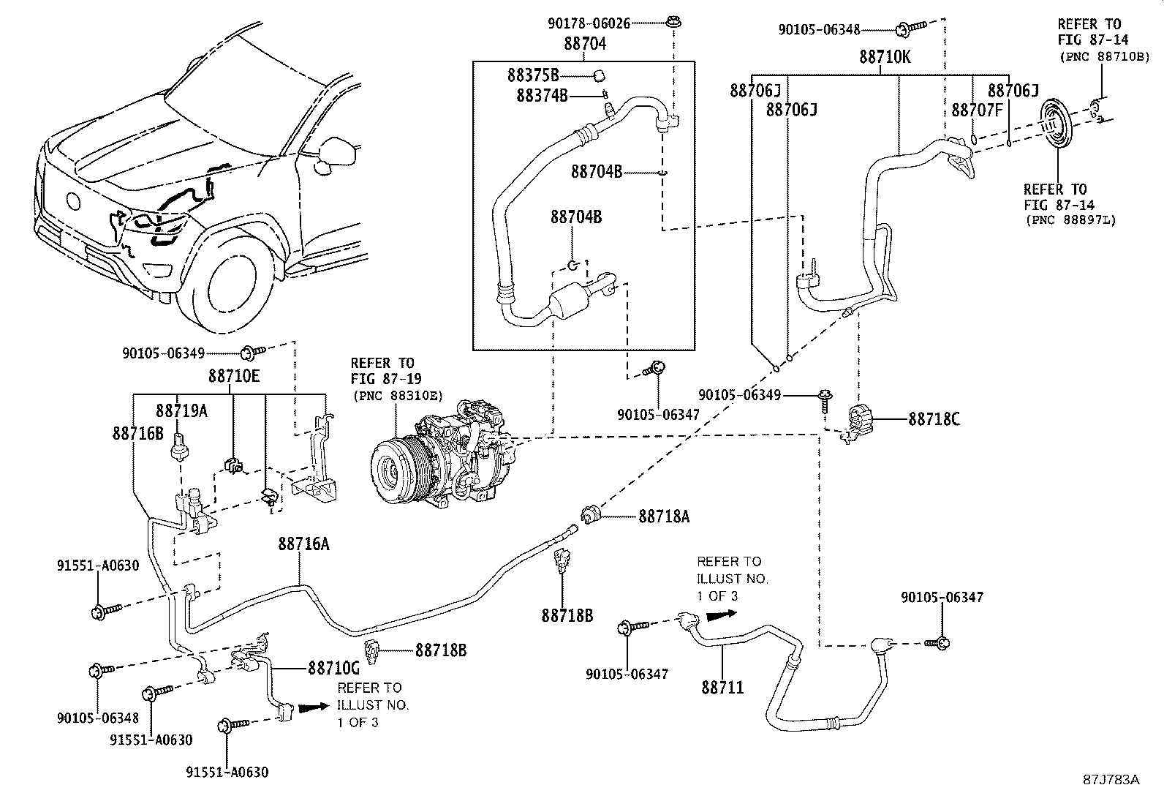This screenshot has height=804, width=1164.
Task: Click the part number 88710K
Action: point(885,56)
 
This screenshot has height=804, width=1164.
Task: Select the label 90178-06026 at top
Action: point(589,23)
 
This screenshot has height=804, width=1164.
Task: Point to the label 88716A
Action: point(303,544)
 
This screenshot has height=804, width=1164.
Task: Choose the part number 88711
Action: point(722,687)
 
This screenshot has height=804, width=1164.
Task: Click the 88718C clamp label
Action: point(934,419)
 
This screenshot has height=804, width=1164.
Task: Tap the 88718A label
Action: point(664,516)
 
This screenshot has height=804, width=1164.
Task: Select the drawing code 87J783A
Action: point(1111,779)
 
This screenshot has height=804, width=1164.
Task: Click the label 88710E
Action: point(234,376)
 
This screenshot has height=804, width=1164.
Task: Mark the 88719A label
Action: point(181,410)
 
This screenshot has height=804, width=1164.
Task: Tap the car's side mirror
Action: point(337,152)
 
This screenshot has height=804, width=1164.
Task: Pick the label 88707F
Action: point(977,110)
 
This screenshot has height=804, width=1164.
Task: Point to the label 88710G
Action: point(333,667)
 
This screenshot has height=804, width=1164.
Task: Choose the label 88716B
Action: point(138,433)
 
